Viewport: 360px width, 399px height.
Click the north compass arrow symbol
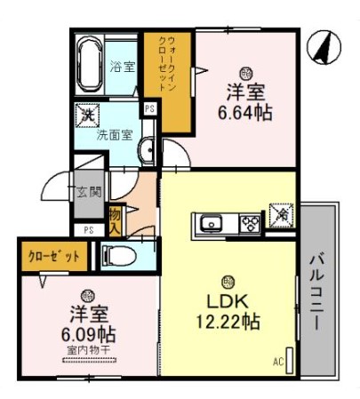320,48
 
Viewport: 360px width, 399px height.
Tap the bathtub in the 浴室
90,65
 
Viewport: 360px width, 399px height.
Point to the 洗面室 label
115,136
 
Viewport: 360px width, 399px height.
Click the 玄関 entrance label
88,192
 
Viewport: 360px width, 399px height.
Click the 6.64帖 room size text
244,113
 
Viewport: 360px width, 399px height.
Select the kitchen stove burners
250,222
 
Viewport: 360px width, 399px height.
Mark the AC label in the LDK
277,361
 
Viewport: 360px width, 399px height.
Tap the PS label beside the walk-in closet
150,108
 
